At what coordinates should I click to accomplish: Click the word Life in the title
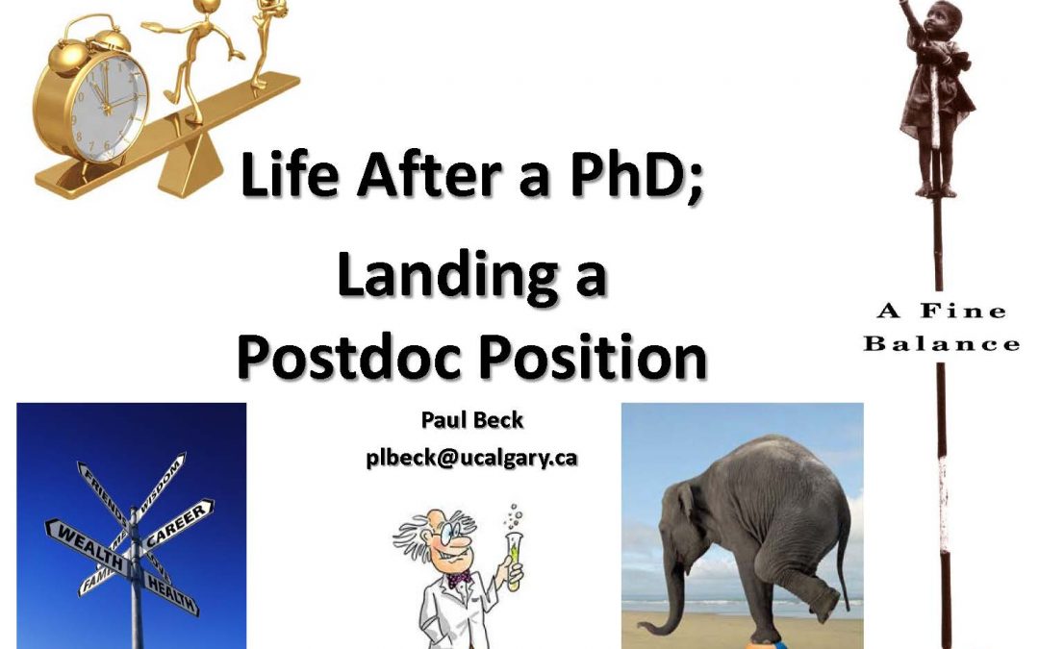click(x=288, y=180)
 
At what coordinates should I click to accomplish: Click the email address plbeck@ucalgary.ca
click(x=471, y=457)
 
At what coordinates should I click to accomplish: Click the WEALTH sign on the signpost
click(x=89, y=535)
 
